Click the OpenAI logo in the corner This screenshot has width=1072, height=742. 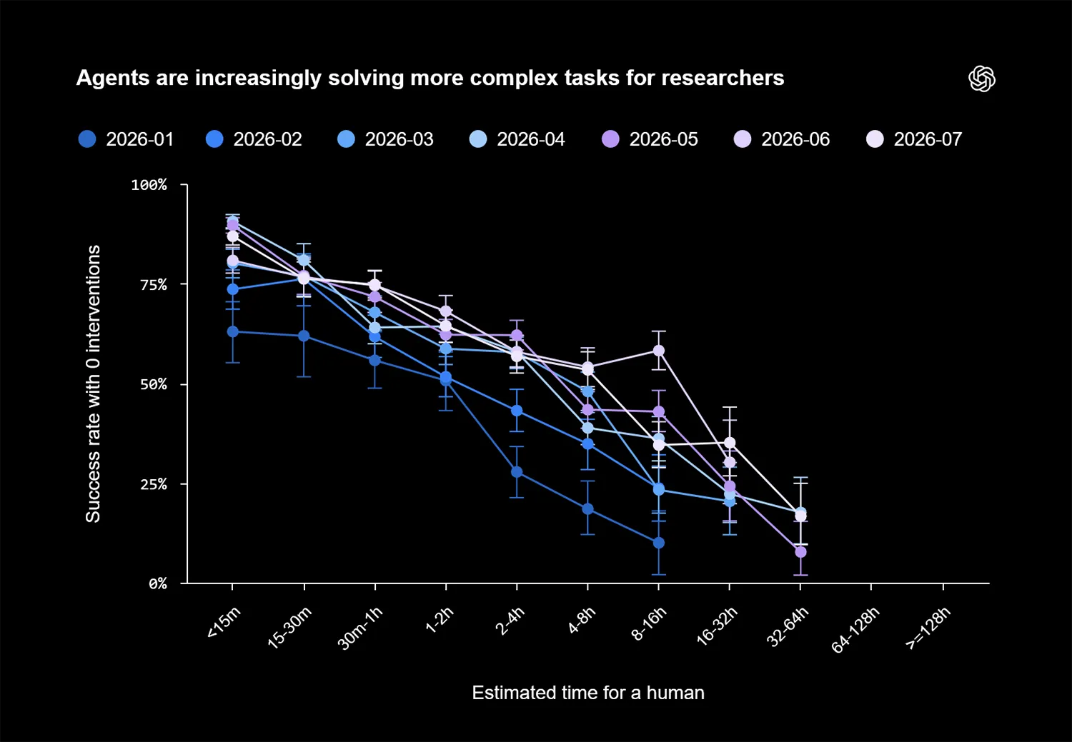(x=981, y=79)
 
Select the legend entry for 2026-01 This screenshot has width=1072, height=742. (x=126, y=139)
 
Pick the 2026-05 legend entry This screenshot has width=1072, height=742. (x=650, y=139)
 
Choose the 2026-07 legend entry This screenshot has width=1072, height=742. (x=914, y=139)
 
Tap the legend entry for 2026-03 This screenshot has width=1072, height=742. (x=385, y=139)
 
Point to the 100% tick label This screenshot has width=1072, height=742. (x=149, y=185)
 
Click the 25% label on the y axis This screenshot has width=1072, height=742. (x=153, y=484)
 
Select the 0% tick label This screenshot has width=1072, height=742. (x=157, y=583)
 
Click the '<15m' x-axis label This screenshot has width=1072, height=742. (x=224, y=622)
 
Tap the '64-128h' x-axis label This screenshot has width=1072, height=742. (x=855, y=630)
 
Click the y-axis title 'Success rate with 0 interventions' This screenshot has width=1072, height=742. (x=93, y=384)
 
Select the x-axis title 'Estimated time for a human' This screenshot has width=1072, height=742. (x=588, y=693)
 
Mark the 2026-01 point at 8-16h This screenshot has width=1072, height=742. (x=658, y=543)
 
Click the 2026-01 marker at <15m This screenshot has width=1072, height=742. (x=232, y=332)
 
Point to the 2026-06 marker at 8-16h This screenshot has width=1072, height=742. (x=658, y=351)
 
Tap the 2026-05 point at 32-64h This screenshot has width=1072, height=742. (x=800, y=552)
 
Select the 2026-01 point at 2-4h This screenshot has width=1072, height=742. (x=517, y=472)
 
